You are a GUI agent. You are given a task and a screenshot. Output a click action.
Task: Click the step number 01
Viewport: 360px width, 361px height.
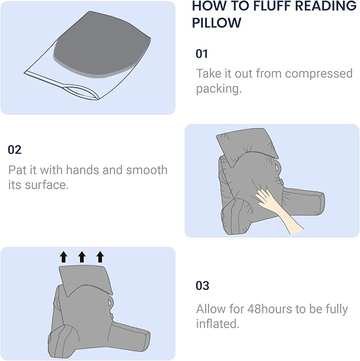[202, 54]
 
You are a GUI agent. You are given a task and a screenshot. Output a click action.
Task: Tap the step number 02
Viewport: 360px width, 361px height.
[14, 149]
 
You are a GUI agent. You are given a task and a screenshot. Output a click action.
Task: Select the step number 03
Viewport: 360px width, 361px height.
[203, 286]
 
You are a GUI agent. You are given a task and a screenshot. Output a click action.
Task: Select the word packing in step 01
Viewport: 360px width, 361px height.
[218, 89]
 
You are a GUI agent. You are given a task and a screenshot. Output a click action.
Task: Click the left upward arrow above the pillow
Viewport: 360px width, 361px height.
[64, 257]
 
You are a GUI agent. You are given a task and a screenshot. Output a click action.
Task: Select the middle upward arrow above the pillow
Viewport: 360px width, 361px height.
[82, 257]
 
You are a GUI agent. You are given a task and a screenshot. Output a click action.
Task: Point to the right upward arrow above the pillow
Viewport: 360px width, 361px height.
[100, 257]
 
